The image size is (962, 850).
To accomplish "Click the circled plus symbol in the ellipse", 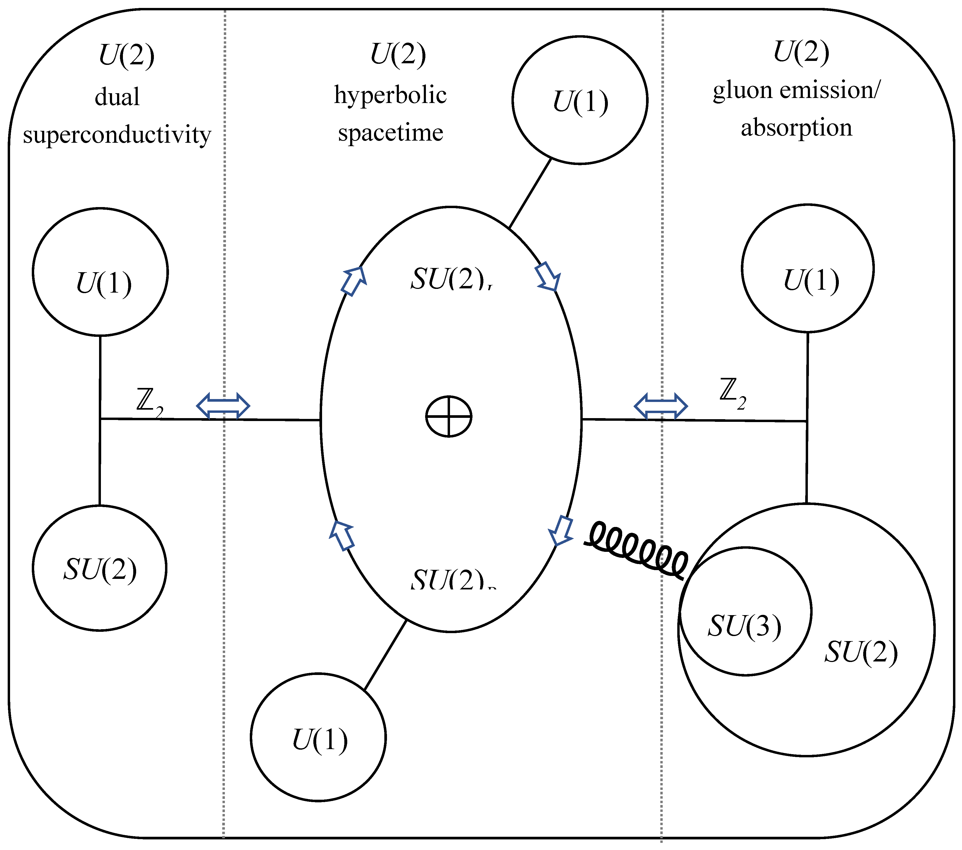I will [448, 416].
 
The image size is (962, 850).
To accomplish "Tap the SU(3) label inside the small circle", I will [745, 626].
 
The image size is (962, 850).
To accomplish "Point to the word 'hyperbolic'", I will [390, 96].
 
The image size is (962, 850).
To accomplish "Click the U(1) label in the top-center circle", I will [580, 102].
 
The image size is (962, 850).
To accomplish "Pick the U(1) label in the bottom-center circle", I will [320, 740].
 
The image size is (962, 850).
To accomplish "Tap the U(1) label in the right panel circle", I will [811, 281].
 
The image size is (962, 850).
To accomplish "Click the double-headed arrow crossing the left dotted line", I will [222, 405].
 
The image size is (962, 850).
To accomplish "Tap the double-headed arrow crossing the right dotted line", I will [660, 405].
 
